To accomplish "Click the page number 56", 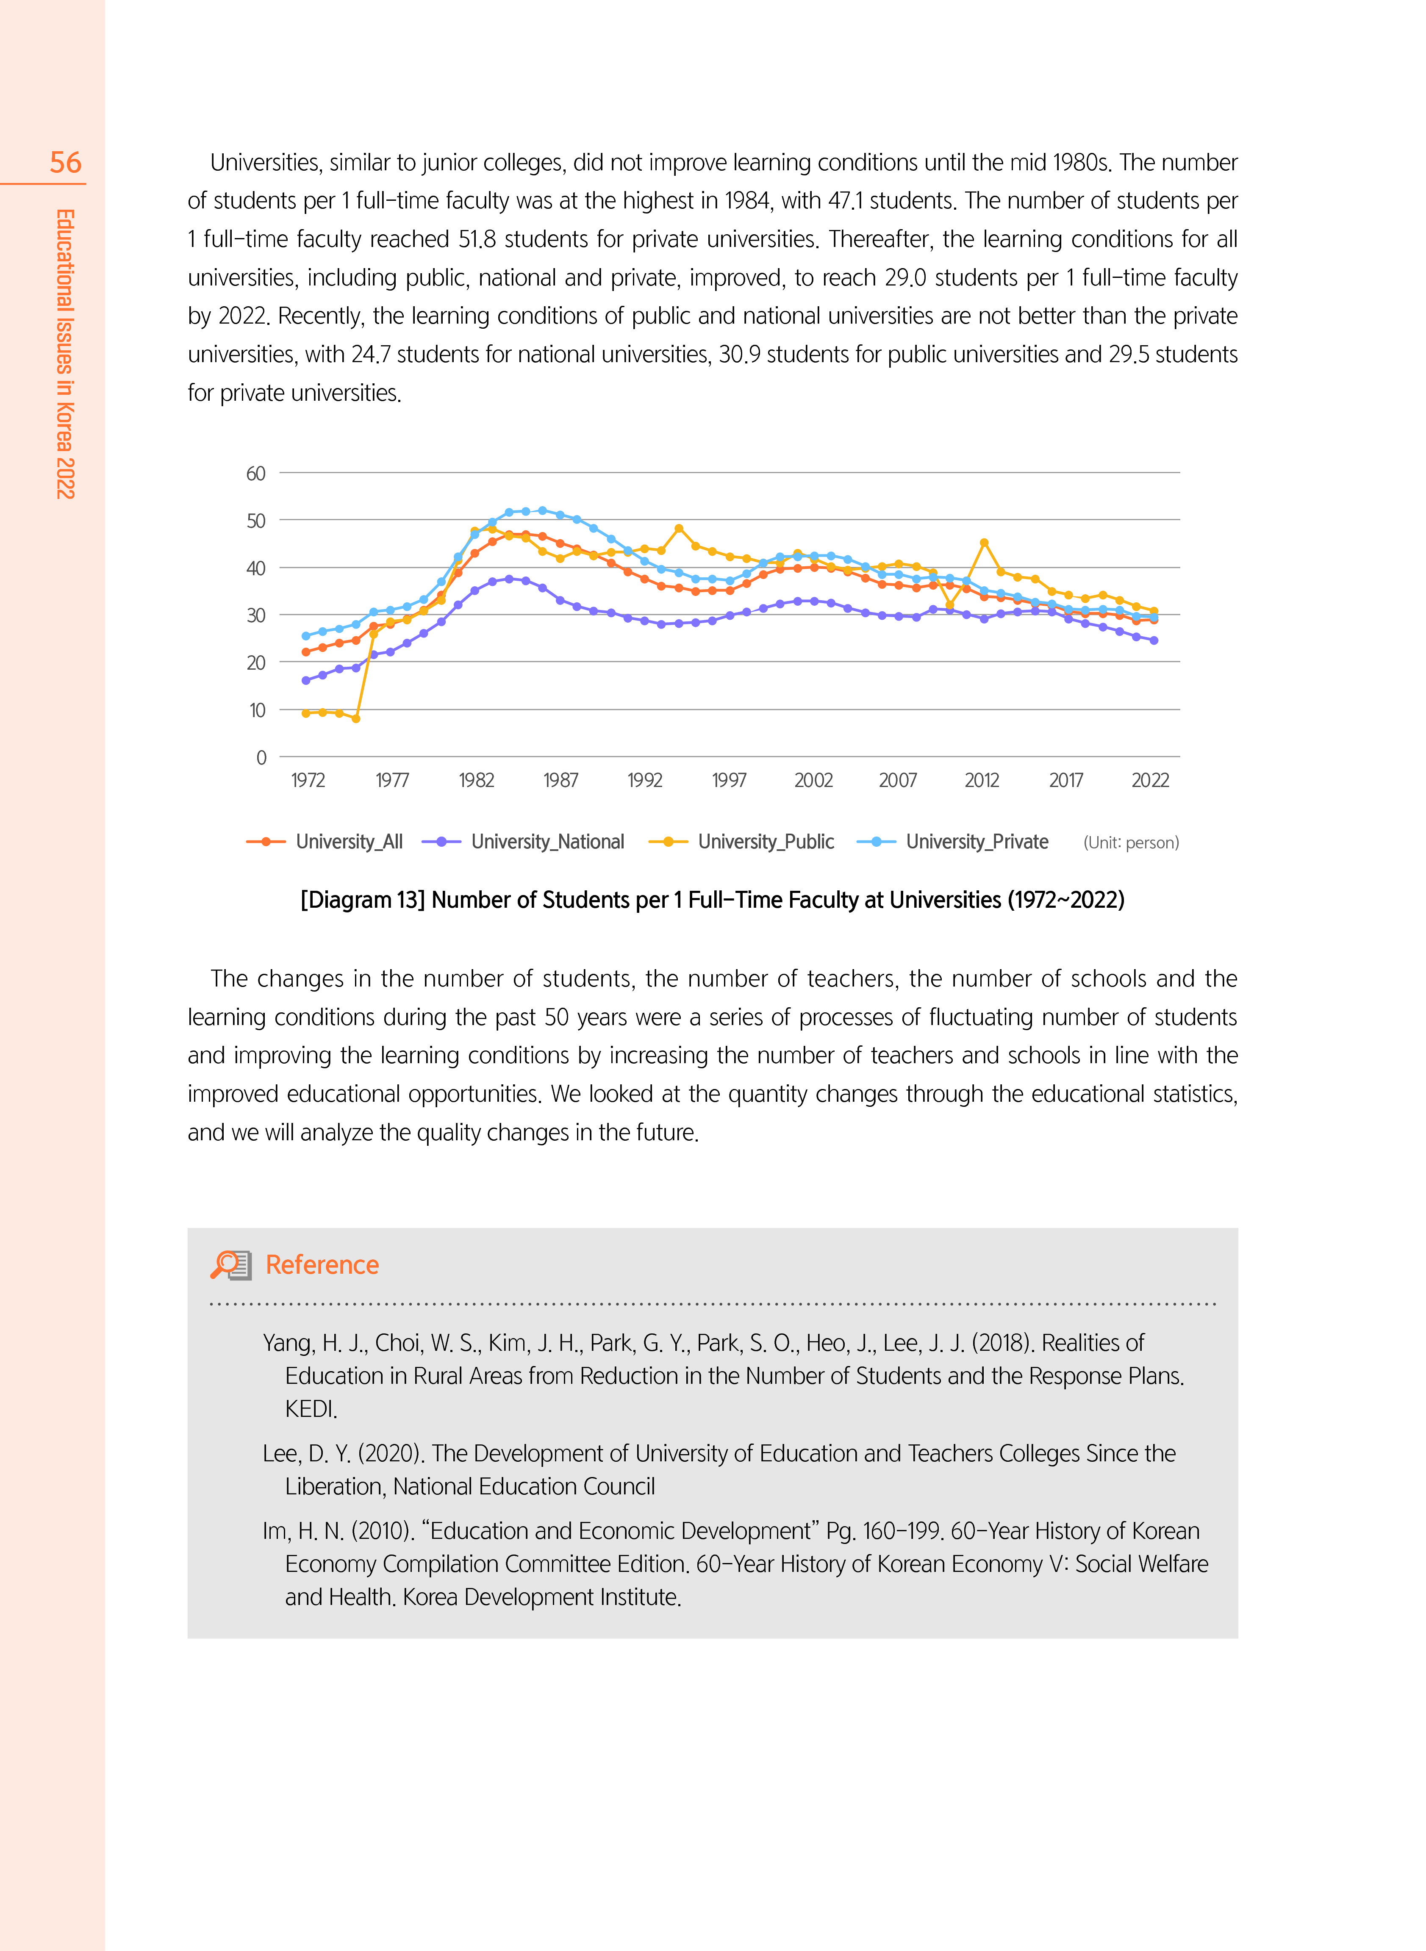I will (66, 162).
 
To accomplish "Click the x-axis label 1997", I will (729, 780).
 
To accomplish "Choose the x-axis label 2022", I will (1150, 780).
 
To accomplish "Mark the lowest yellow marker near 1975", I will (355, 718).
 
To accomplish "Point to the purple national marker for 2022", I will (1154, 640).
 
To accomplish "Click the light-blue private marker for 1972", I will (305, 636).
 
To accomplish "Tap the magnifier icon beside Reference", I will (230, 1265).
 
